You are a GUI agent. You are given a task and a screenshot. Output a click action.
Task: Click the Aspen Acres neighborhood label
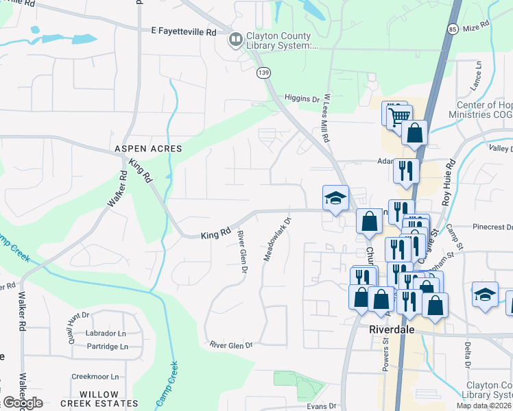point(148,149)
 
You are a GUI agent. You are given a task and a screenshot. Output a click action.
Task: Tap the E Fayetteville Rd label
point(184,32)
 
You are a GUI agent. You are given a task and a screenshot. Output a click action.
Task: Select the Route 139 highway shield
point(262,72)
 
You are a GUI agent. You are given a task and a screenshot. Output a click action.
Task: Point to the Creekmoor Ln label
point(95,377)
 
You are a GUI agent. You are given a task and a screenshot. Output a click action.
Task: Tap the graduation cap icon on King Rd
point(336,199)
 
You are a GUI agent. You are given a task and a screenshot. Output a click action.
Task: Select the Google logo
point(22,403)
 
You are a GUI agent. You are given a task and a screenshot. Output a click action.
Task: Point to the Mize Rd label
point(476,27)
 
